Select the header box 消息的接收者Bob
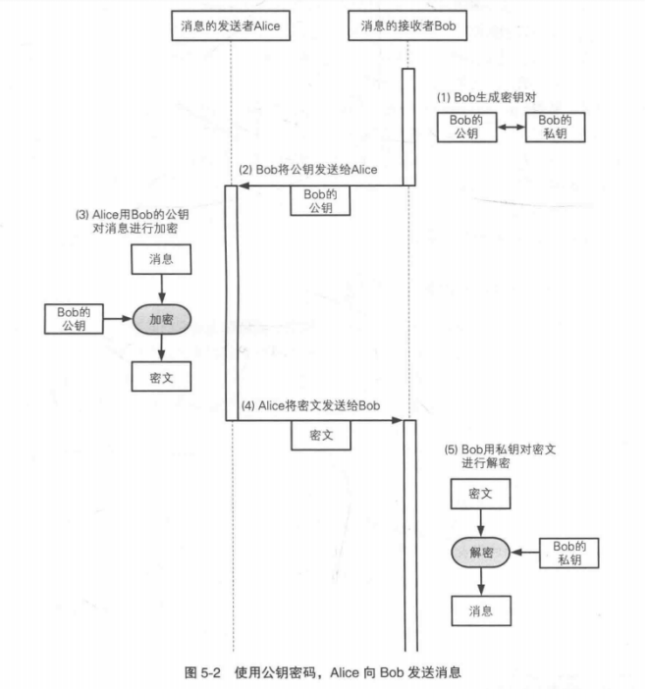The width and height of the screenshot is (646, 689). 406,27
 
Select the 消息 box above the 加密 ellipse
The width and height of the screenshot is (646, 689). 161,260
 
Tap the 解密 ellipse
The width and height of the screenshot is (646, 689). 480,554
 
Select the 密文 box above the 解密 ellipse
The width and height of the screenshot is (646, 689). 480,496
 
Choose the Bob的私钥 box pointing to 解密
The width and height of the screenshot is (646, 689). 570,554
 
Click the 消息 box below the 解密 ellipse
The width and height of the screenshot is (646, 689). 480,611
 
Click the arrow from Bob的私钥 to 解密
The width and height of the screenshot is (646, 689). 525,554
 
